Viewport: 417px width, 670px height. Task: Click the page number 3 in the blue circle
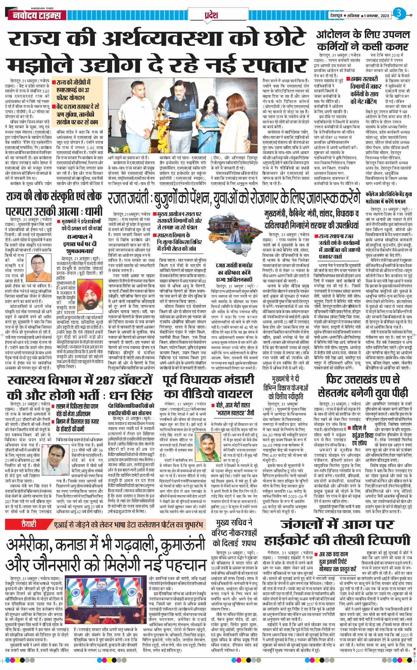399,13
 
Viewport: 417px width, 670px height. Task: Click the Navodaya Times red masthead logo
37,15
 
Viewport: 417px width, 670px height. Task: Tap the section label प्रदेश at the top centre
211,15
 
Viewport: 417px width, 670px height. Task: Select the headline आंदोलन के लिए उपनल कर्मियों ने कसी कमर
363,41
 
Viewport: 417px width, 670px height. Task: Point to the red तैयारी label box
28,524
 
